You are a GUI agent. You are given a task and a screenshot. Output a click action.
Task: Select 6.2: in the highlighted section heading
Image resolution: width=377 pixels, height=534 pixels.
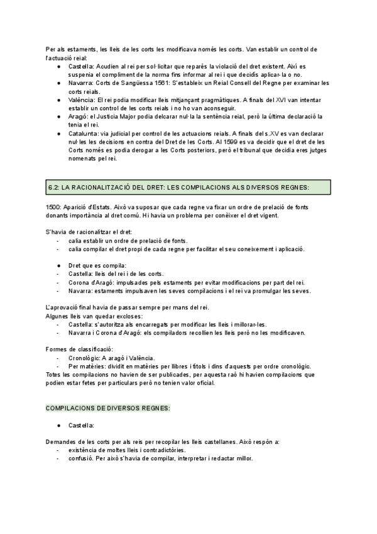point(55,188)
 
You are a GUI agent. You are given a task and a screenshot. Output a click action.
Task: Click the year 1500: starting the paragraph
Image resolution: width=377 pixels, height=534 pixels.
point(55,207)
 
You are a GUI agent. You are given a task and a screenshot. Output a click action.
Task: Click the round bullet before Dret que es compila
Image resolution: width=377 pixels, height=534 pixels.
point(58,266)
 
